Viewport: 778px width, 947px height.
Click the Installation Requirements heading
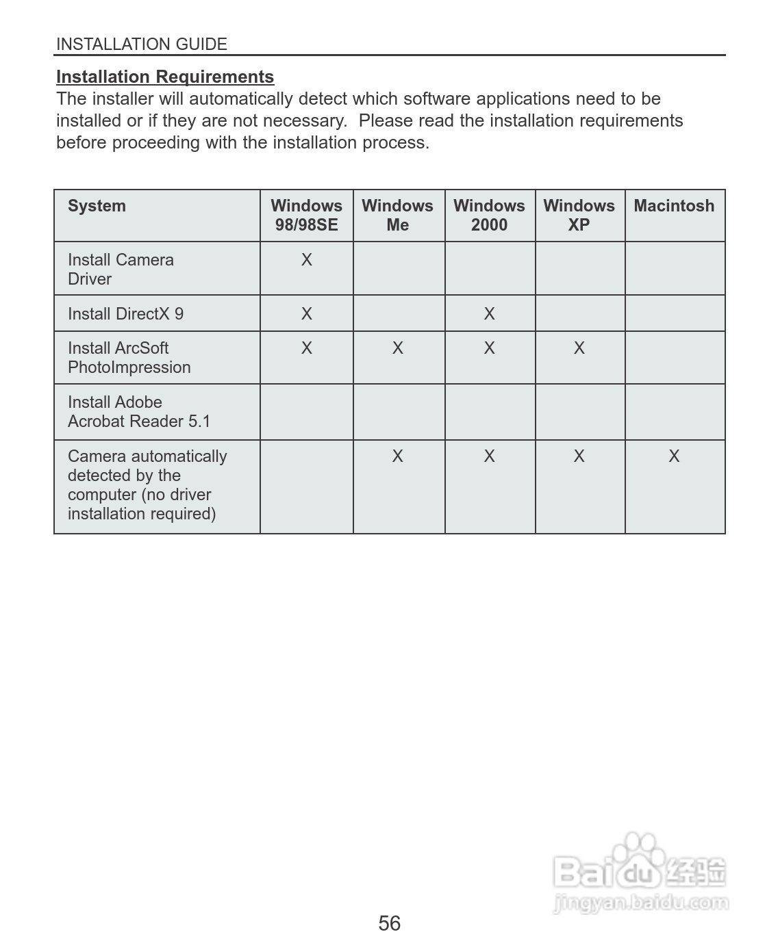point(165,77)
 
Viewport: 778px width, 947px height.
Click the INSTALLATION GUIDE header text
point(142,44)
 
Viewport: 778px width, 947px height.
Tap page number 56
point(389,923)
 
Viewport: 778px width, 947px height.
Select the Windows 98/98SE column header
point(306,216)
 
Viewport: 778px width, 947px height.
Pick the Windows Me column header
point(397,216)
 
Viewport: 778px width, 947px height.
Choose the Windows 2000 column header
point(489,216)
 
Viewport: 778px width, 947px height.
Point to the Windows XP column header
point(579,216)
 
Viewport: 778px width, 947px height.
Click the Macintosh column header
point(674,206)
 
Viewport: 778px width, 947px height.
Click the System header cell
point(97,206)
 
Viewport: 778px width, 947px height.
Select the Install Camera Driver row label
point(121,270)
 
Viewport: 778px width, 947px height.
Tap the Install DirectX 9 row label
point(125,314)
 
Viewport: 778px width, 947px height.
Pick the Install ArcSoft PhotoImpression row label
point(129,358)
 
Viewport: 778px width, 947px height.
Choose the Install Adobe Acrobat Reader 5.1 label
point(138,412)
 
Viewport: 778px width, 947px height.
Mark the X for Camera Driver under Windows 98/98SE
point(306,260)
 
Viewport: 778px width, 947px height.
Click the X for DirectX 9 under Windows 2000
point(489,314)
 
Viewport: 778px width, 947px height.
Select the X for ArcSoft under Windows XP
point(579,348)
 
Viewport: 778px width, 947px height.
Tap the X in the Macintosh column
point(674,456)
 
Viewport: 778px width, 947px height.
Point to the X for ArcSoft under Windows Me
point(397,348)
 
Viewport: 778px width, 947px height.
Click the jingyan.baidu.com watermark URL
point(640,903)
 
